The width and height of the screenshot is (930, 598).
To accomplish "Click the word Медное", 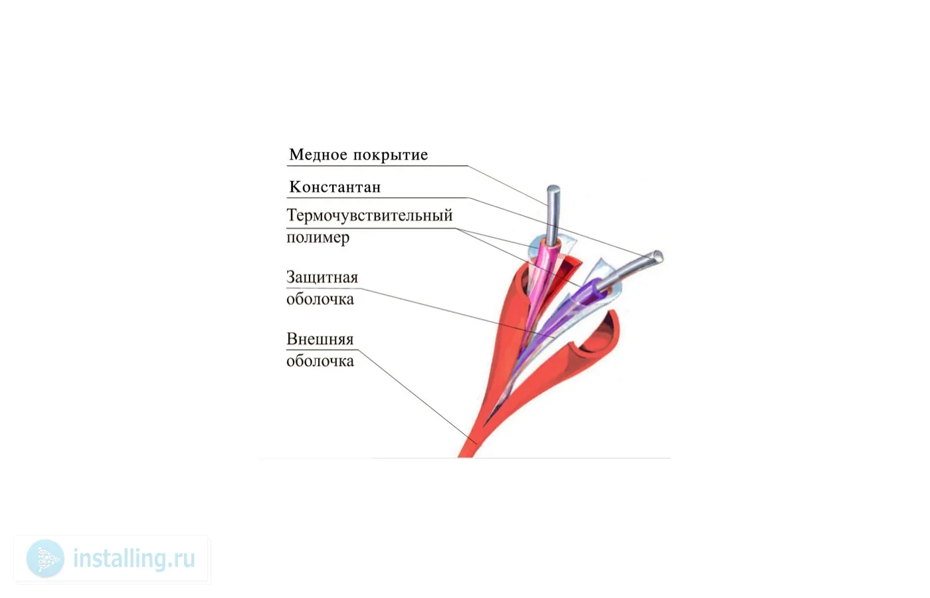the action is [318, 154].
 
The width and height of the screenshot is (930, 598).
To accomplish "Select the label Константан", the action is [335, 187].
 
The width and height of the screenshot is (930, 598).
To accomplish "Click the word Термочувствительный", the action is [369, 215].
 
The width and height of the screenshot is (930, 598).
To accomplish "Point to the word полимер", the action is [318, 238].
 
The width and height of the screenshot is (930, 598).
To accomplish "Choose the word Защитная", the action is [322, 278].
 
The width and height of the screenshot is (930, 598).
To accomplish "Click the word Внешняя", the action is [320, 340].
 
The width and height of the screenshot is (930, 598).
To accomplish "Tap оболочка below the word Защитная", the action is [320, 300].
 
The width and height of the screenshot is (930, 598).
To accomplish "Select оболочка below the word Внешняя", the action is [320, 361].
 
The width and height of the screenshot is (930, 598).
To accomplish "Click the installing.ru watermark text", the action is [134, 559].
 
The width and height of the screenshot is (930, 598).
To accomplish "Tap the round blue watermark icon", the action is [46, 559].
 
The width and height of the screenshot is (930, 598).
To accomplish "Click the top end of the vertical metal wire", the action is [553, 187].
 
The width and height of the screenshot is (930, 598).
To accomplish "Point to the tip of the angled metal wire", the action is [659, 256].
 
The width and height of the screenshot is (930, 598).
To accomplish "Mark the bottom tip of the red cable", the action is [465, 457].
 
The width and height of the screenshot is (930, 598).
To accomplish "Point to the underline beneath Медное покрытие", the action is [377, 166].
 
